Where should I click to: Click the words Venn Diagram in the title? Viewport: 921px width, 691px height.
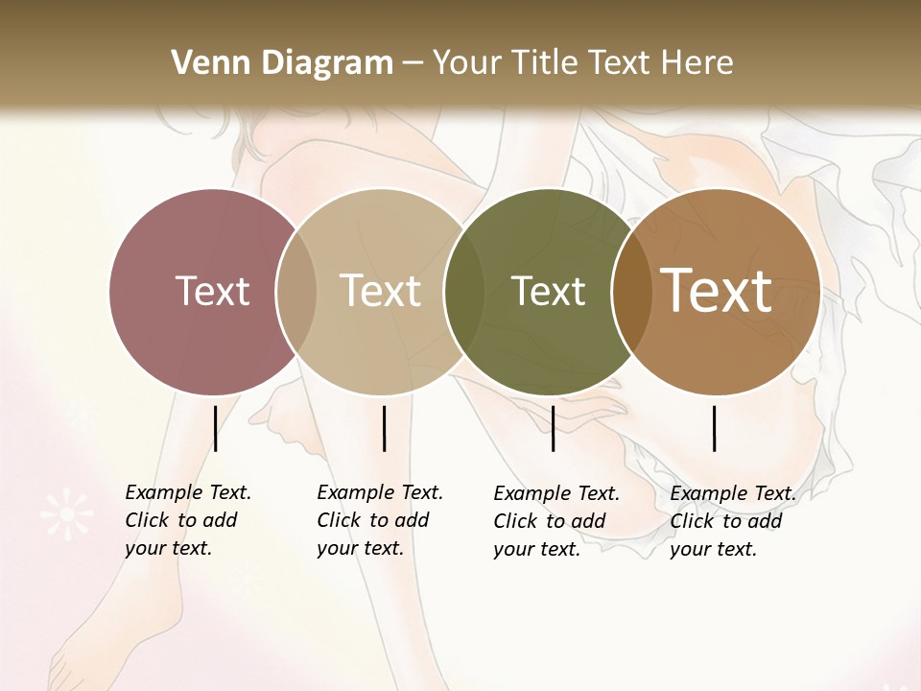(282, 63)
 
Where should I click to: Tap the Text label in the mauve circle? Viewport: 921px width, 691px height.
(212, 291)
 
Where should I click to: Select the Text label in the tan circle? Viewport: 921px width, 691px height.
(381, 291)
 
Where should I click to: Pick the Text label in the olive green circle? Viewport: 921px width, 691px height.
(548, 291)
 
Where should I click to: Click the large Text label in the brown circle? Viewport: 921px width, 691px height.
(717, 290)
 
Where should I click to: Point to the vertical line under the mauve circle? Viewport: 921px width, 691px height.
(215, 428)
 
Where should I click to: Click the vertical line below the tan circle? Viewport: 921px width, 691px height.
(384, 428)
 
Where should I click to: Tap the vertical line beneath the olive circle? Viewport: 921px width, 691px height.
(553, 428)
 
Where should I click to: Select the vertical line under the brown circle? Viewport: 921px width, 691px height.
(715, 428)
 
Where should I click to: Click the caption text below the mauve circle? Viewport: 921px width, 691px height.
(187, 520)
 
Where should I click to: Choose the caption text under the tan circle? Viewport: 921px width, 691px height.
(379, 520)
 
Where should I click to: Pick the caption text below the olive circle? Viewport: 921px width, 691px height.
(555, 521)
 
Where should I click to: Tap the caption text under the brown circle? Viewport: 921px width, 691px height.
(732, 521)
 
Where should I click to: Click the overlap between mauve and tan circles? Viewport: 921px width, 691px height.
(296, 291)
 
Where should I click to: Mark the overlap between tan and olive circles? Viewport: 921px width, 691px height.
(464, 291)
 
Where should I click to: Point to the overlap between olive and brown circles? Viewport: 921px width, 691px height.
(631, 291)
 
